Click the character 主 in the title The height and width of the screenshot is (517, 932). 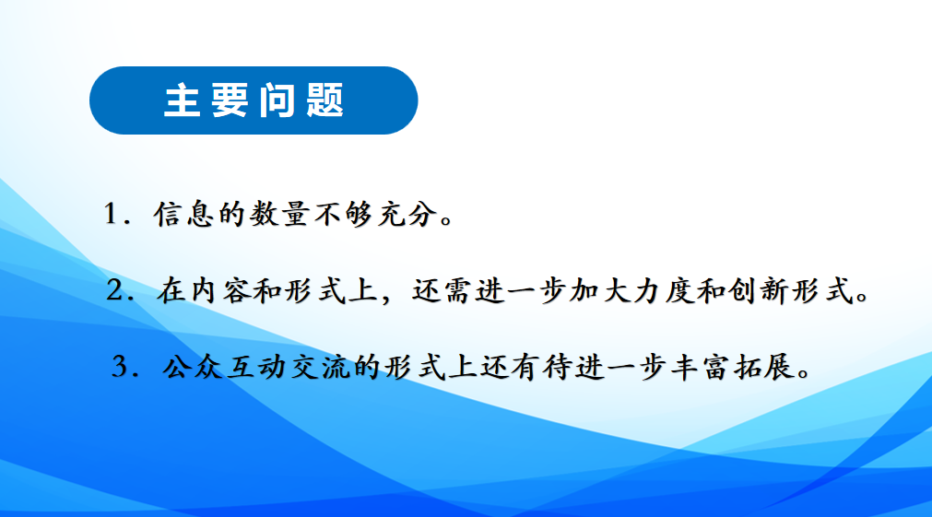pyautogui.click(x=182, y=100)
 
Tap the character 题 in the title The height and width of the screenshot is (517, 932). pyautogui.click(x=325, y=100)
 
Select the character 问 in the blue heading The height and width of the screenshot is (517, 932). pyautogui.click(x=277, y=100)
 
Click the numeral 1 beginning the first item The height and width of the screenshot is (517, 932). pyautogui.click(x=111, y=213)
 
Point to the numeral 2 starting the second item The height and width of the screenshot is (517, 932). pyautogui.click(x=114, y=290)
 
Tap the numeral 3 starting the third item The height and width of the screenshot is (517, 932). pyautogui.click(x=120, y=367)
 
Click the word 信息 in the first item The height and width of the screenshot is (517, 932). pyautogui.click(x=183, y=214)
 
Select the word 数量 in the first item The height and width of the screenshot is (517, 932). pyautogui.click(x=278, y=214)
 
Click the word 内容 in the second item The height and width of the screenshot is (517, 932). pyautogui.click(x=218, y=291)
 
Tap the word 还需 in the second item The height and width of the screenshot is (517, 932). pyautogui.click(x=441, y=291)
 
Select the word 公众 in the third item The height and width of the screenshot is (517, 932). pyautogui.click(x=192, y=368)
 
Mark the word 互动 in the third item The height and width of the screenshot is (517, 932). pyautogui.click(x=256, y=368)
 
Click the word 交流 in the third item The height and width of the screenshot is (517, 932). pyautogui.click(x=321, y=368)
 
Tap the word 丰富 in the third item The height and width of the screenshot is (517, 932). pyautogui.click(x=701, y=368)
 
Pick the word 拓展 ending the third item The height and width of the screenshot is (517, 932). pyautogui.click(x=764, y=368)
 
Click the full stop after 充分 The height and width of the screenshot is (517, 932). pyautogui.click(x=446, y=221)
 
